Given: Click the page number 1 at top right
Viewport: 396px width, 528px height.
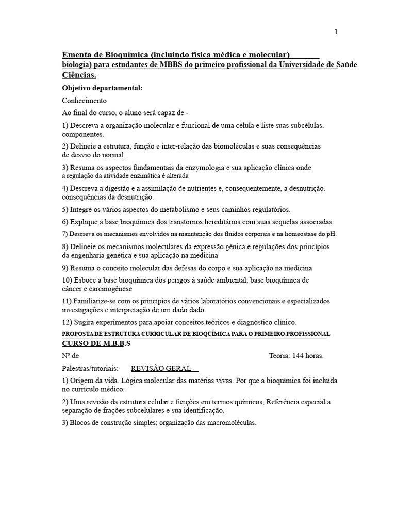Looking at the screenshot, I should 336,32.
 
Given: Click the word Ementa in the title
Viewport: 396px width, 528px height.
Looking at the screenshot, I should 75,55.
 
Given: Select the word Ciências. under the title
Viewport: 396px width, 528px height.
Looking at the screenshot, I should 79,75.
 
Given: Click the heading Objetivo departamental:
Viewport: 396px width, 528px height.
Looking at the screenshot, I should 102,88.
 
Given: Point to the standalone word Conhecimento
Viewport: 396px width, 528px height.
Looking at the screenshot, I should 85,101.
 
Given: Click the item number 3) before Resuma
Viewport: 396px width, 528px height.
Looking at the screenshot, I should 65,168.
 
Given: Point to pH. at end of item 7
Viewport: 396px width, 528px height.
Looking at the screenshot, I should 331,234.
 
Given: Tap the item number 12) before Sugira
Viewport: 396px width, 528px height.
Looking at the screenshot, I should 67,322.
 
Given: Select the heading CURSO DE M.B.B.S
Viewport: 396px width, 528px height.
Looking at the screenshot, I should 96,344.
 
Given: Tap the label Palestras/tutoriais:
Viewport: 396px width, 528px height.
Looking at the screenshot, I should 90,368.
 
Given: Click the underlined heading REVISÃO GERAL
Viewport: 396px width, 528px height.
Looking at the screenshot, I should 161,368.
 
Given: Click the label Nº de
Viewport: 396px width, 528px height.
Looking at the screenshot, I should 71,356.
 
